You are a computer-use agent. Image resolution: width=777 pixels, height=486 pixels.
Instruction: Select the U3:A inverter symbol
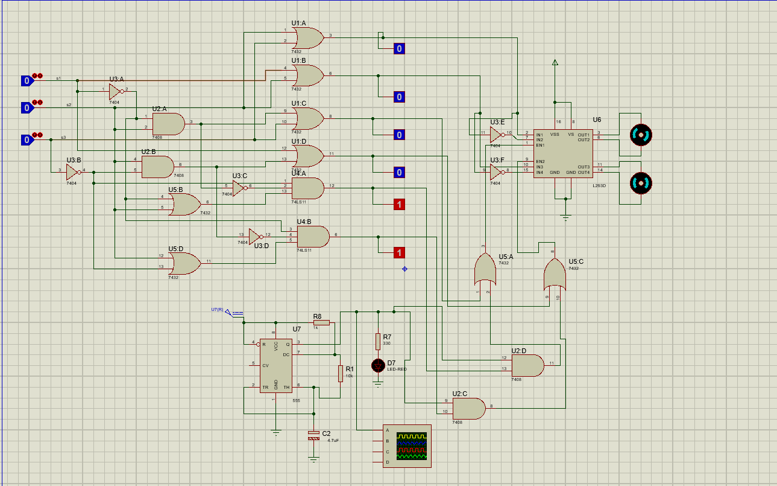[x=116, y=91]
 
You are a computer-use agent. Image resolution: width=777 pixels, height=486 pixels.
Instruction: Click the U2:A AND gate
[x=168, y=124]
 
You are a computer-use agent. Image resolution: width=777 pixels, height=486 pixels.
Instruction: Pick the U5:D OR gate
[x=184, y=263]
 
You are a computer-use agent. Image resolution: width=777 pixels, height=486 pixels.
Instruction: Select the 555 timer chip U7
[x=275, y=365]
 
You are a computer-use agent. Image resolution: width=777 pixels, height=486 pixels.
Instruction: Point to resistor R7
[x=378, y=341]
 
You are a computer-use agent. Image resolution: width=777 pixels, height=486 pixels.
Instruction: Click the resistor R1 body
[x=341, y=373]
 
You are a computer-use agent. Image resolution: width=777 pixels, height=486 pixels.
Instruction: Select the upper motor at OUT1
[x=640, y=135]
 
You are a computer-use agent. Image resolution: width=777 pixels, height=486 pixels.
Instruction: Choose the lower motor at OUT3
[x=640, y=182]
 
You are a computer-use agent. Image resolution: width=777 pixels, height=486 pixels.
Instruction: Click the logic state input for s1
[x=27, y=80]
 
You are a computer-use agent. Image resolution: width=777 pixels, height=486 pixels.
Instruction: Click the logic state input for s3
[x=27, y=140]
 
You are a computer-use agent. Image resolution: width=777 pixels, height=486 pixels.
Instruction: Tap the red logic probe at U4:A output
[x=398, y=205]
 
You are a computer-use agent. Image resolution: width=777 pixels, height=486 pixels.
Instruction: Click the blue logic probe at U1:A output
[x=398, y=49]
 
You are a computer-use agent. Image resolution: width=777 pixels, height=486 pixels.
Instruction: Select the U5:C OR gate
[x=555, y=275]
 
